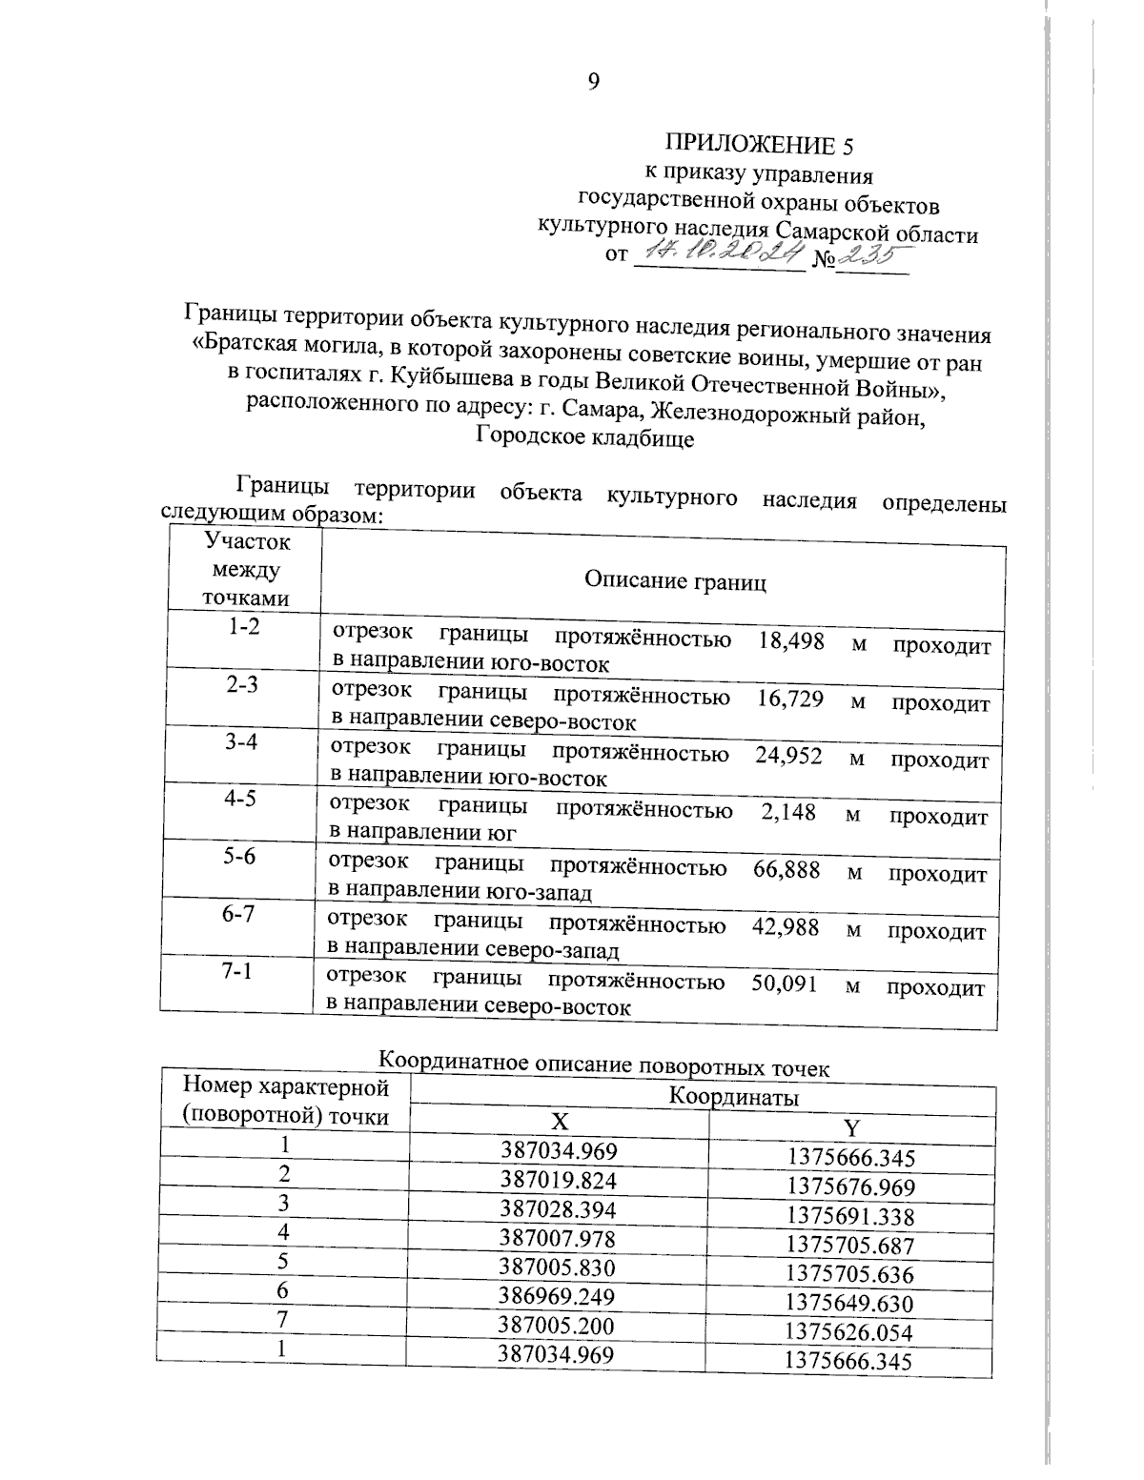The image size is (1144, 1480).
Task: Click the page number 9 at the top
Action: pyautogui.click(x=593, y=82)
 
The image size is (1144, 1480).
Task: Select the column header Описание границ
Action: pyautogui.click(x=675, y=581)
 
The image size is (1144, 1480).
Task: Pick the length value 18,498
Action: pyautogui.click(x=790, y=640)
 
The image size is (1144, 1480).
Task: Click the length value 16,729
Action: pyautogui.click(x=789, y=699)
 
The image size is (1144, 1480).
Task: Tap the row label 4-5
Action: pyautogui.click(x=240, y=799)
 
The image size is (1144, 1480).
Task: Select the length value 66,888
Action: pyautogui.click(x=786, y=869)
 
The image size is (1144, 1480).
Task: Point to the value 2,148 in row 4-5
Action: pyautogui.click(x=788, y=812)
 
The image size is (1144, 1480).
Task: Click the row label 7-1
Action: pyautogui.click(x=237, y=972)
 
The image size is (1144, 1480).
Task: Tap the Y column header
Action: pyautogui.click(x=851, y=1128)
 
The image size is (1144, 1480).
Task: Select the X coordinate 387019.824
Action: pyautogui.click(x=560, y=1181)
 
